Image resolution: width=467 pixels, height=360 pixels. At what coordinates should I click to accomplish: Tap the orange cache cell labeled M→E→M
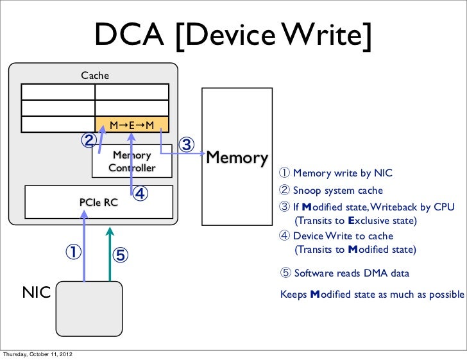coord(132,124)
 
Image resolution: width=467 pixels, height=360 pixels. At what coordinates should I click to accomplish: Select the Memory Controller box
coord(132,162)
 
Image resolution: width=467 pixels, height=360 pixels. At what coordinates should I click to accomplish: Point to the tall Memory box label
coord(236,157)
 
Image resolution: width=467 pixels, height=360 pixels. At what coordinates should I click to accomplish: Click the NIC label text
coord(37,293)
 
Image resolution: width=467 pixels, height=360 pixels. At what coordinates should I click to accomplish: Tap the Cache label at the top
coord(95,76)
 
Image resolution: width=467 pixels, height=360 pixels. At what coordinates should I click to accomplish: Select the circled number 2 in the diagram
coord(87,139)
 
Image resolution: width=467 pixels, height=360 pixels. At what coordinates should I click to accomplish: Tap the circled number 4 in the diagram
coord(140,193)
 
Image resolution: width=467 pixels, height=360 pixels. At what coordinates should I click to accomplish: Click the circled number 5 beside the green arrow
coord(121,255)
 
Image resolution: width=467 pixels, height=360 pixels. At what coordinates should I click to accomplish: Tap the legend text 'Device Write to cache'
coord(343,236)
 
